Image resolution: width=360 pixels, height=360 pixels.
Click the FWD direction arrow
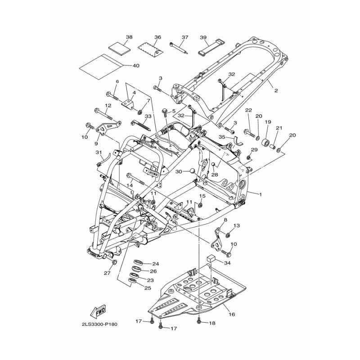(98, 311)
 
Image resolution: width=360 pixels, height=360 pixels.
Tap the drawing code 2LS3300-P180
(99, 324)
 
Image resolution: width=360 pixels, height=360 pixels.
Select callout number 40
(136, 66)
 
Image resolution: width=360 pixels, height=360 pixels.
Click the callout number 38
(129, 37)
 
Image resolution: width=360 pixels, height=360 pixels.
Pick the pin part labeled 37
(179, 48)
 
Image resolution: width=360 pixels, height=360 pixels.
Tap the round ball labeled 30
(192, 171)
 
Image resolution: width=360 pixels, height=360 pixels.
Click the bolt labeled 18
(199, 321)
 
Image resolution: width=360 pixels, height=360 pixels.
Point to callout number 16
(232, 314)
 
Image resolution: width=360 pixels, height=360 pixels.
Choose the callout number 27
(107, 273)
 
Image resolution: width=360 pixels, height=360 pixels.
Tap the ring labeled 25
(133, 281)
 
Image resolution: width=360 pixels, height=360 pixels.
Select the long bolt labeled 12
(103, 114)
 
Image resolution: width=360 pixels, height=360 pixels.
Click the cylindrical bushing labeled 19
(266, 142)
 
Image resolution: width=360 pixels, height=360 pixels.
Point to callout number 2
(276, 90)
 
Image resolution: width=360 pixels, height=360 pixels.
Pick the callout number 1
(261, 194)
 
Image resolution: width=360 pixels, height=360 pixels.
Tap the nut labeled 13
(228, 235)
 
